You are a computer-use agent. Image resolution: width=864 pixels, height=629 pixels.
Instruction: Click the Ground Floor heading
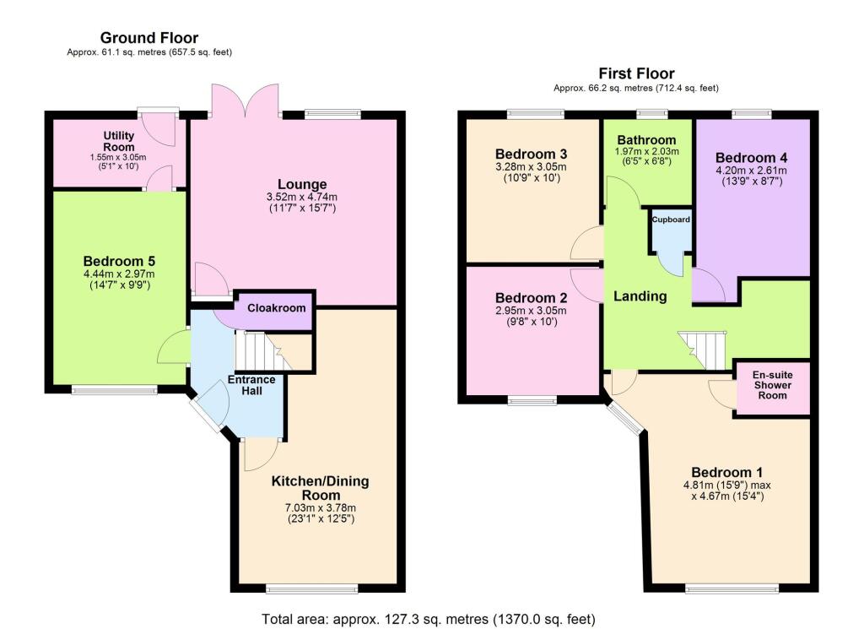point(149,38)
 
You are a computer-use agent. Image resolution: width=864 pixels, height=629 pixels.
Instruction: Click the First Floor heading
point(636,73)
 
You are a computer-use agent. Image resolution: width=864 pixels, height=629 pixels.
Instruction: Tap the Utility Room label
point(119,141)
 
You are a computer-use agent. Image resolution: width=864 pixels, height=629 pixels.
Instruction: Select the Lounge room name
point(302,184)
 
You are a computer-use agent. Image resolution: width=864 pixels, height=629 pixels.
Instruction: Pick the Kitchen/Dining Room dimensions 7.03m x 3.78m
point(320,507)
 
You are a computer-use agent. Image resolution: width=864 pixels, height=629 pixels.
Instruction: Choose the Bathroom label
point(646,140)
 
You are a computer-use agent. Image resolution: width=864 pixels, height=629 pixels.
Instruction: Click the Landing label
point(640,296)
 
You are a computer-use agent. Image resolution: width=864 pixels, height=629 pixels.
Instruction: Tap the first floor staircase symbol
point(703,349)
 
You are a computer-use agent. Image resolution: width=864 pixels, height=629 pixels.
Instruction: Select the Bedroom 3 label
point(531,155)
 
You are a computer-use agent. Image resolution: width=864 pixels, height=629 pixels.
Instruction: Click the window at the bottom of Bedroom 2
point(532,399)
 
